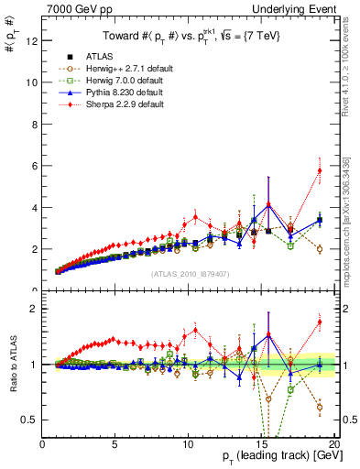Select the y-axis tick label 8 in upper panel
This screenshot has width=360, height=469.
point(34,124)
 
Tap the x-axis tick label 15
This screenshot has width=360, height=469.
point(261,444)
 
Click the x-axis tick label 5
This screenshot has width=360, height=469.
point(115,444)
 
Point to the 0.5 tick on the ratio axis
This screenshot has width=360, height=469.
point(28,420)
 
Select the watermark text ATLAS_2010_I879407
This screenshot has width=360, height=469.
point(190,272)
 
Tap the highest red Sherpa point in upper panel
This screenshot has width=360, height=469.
point(320,170)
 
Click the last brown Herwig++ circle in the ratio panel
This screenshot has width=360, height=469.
point(320,407)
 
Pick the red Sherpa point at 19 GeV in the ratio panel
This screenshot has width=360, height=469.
point(320,322)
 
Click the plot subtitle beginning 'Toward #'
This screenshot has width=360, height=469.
point(190,37)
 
